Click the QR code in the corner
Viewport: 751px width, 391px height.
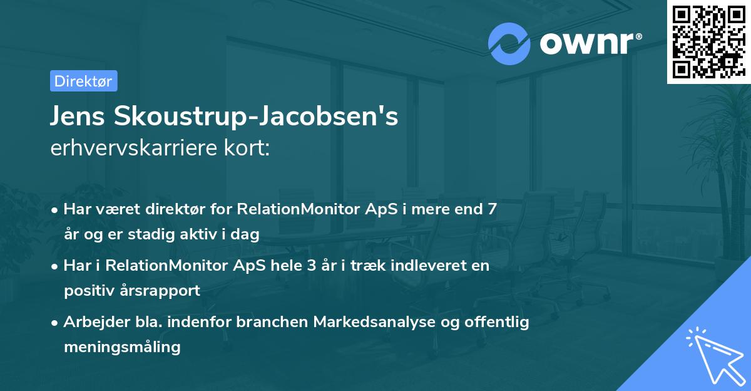pyautogui.click(x=708, y=41)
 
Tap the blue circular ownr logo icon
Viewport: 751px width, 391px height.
pyautogui.click(x=509, y=43)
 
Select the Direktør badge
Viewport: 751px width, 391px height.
pyautogui.click(x=83, y=81)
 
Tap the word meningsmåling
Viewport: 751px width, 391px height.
pyautogui.click(x=122, y=347)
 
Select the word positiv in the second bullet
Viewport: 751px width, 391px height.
pyautogui.click(x=88, y=291)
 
